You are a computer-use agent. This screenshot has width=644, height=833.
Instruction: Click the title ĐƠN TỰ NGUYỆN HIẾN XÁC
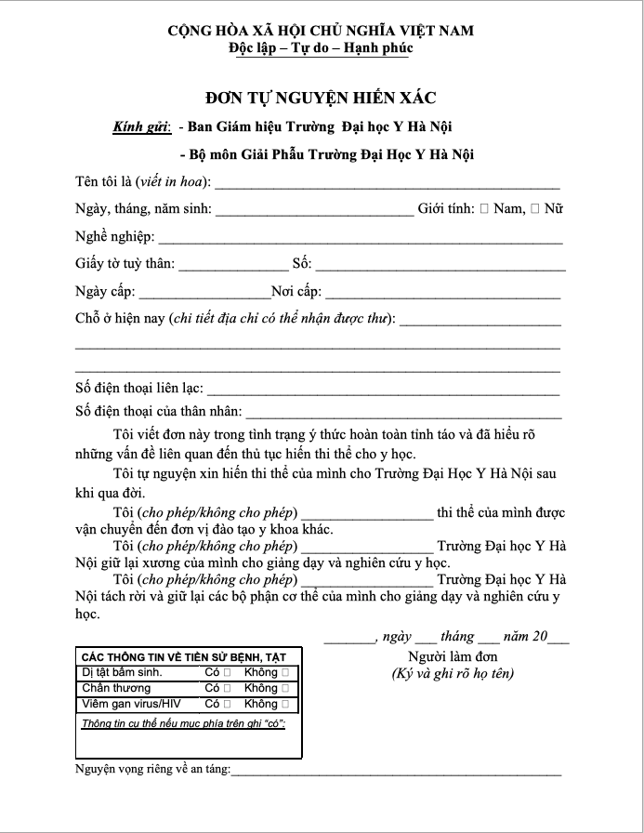tap(321, 96)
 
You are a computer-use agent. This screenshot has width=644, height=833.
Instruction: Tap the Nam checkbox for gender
tap(485, 208)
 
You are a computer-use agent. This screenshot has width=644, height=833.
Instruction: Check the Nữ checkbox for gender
tap(534, 208)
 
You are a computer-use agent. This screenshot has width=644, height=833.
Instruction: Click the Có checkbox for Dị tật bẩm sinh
tap(226, 672)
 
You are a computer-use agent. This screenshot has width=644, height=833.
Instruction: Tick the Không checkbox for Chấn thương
tap(284, 688)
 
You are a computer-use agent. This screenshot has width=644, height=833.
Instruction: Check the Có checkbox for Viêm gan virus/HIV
tap(226, 704)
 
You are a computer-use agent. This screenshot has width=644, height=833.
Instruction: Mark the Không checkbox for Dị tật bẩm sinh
tap(284, 672)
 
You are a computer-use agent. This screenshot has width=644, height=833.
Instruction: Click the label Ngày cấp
tap(103, 292)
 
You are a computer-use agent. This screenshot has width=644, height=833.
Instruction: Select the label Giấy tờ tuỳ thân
tap(125, 264)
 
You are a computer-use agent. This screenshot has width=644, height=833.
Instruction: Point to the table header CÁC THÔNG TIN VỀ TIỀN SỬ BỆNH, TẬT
tap(184, 656)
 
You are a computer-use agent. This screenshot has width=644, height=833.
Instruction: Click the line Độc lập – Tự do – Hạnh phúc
tap(321, 47)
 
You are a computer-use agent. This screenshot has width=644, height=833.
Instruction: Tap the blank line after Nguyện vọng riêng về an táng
tap(396, 772)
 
